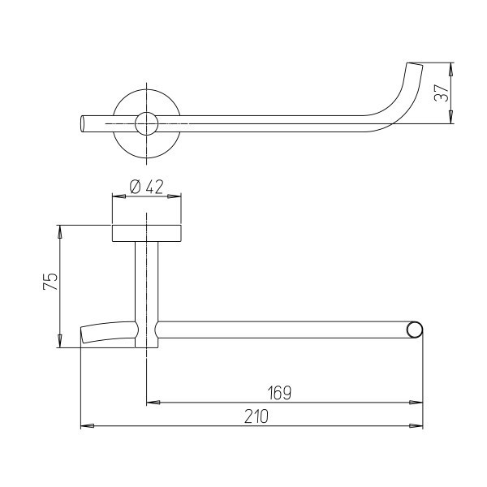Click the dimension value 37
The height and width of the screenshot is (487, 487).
(x=442, y=93)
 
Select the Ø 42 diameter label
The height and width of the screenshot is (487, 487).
(x=146, y=187)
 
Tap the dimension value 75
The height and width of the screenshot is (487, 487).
(x=50, y=282)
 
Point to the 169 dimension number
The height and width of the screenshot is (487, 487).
(x=279, y=393)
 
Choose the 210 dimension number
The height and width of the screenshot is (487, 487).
(x=256, y=416)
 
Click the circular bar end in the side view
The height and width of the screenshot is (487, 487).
(x=415, y=330)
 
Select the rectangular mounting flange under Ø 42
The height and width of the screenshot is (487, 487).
(x=146, y=233)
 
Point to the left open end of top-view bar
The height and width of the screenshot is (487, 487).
(x=83, y=123)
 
